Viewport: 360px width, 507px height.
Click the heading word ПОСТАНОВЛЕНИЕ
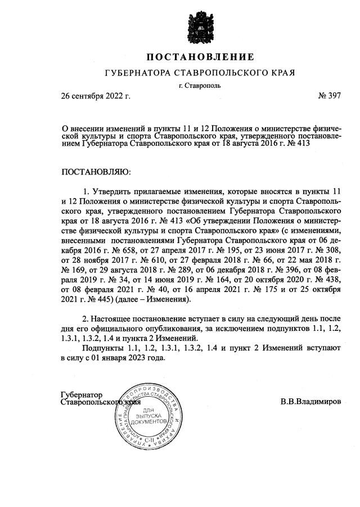(x=200, y=57)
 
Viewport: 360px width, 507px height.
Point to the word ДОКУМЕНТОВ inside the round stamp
(x=148, y=421)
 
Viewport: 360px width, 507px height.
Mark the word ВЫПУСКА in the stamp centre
(x=148, y=415)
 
